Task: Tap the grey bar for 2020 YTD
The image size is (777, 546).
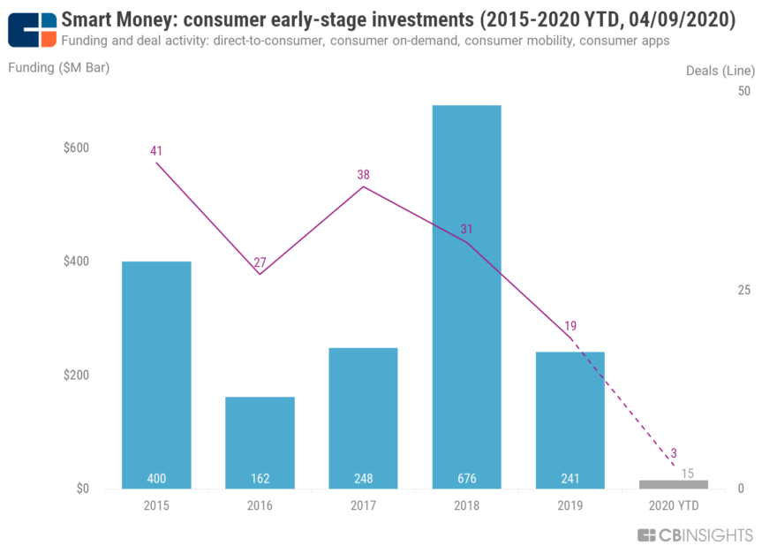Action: [x=674, y=484]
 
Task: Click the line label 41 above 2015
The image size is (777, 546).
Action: [x=156, y=151]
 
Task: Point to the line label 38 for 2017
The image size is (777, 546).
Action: [x=363, y=175]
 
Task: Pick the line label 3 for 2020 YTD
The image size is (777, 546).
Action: [x=673, y=452]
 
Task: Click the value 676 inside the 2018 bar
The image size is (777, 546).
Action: [x=466, y=479]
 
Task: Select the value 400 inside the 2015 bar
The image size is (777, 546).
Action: [x=156, y=479]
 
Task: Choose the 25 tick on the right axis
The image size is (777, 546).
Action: [x=744, y=290]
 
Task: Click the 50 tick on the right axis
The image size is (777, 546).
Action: [x=744, y=91]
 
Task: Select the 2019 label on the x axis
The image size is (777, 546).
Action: [x=570, y=506]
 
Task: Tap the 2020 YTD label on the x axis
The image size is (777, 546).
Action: [x=674, y=506]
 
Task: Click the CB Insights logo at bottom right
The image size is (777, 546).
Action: [x=695, y=535]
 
